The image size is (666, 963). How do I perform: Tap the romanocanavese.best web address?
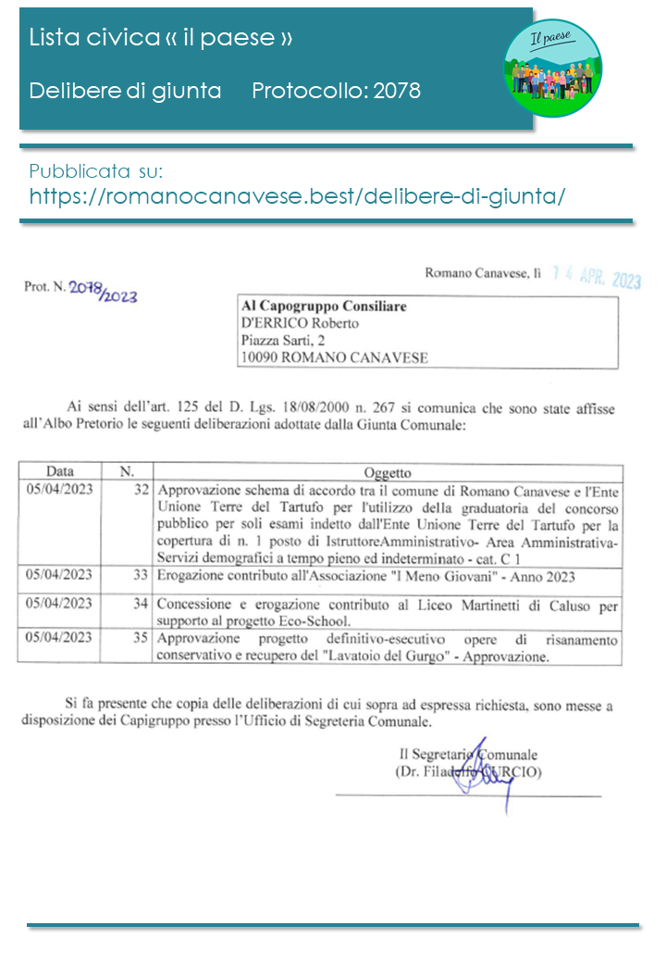tap(297, 196)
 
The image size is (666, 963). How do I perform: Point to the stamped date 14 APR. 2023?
tap(596, 279)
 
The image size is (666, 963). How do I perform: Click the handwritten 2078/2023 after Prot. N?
tap(104, 292)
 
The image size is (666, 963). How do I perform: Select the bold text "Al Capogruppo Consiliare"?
tap(323, 306)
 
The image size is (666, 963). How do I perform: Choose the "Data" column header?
tap(61, 471)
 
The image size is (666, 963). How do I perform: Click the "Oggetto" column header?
tap(388, 472)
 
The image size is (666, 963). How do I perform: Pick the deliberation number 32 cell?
tap(141, 489)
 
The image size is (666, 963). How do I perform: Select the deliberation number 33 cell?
tap(141, 576)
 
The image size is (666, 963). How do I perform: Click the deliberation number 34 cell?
tap(141, 604)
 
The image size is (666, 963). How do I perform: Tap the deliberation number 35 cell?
tap(141, 638)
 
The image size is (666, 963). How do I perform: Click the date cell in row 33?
tap(60, 576)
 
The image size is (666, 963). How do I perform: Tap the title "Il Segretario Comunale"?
tap(468, 754)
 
